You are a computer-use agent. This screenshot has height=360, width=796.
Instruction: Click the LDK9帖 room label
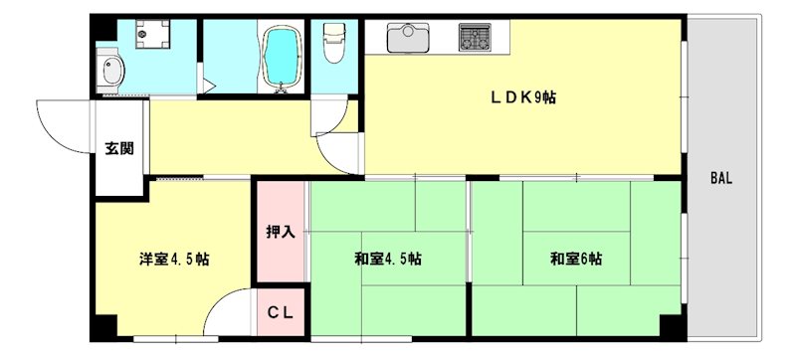click(523, 96)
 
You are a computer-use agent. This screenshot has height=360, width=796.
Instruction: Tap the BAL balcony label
click(720, 178)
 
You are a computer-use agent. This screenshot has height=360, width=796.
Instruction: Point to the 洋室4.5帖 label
click(173, 260)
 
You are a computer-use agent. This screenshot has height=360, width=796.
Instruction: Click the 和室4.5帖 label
click(387, 260)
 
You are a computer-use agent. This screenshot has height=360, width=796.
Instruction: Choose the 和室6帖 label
click(576, 260)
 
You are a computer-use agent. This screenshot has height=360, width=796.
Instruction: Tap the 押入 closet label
click(281, 232)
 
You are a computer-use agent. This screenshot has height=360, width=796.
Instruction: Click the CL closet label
click(281, 313)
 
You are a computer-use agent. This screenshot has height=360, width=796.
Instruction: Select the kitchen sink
click(408, 38)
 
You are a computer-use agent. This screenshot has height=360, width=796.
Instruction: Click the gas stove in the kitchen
click(476, 38)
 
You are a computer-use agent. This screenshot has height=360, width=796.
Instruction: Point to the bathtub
click(282, 58)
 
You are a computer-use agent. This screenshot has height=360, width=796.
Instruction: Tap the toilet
click(334, 43)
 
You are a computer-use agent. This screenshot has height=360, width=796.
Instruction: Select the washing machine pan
click(152, 34)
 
